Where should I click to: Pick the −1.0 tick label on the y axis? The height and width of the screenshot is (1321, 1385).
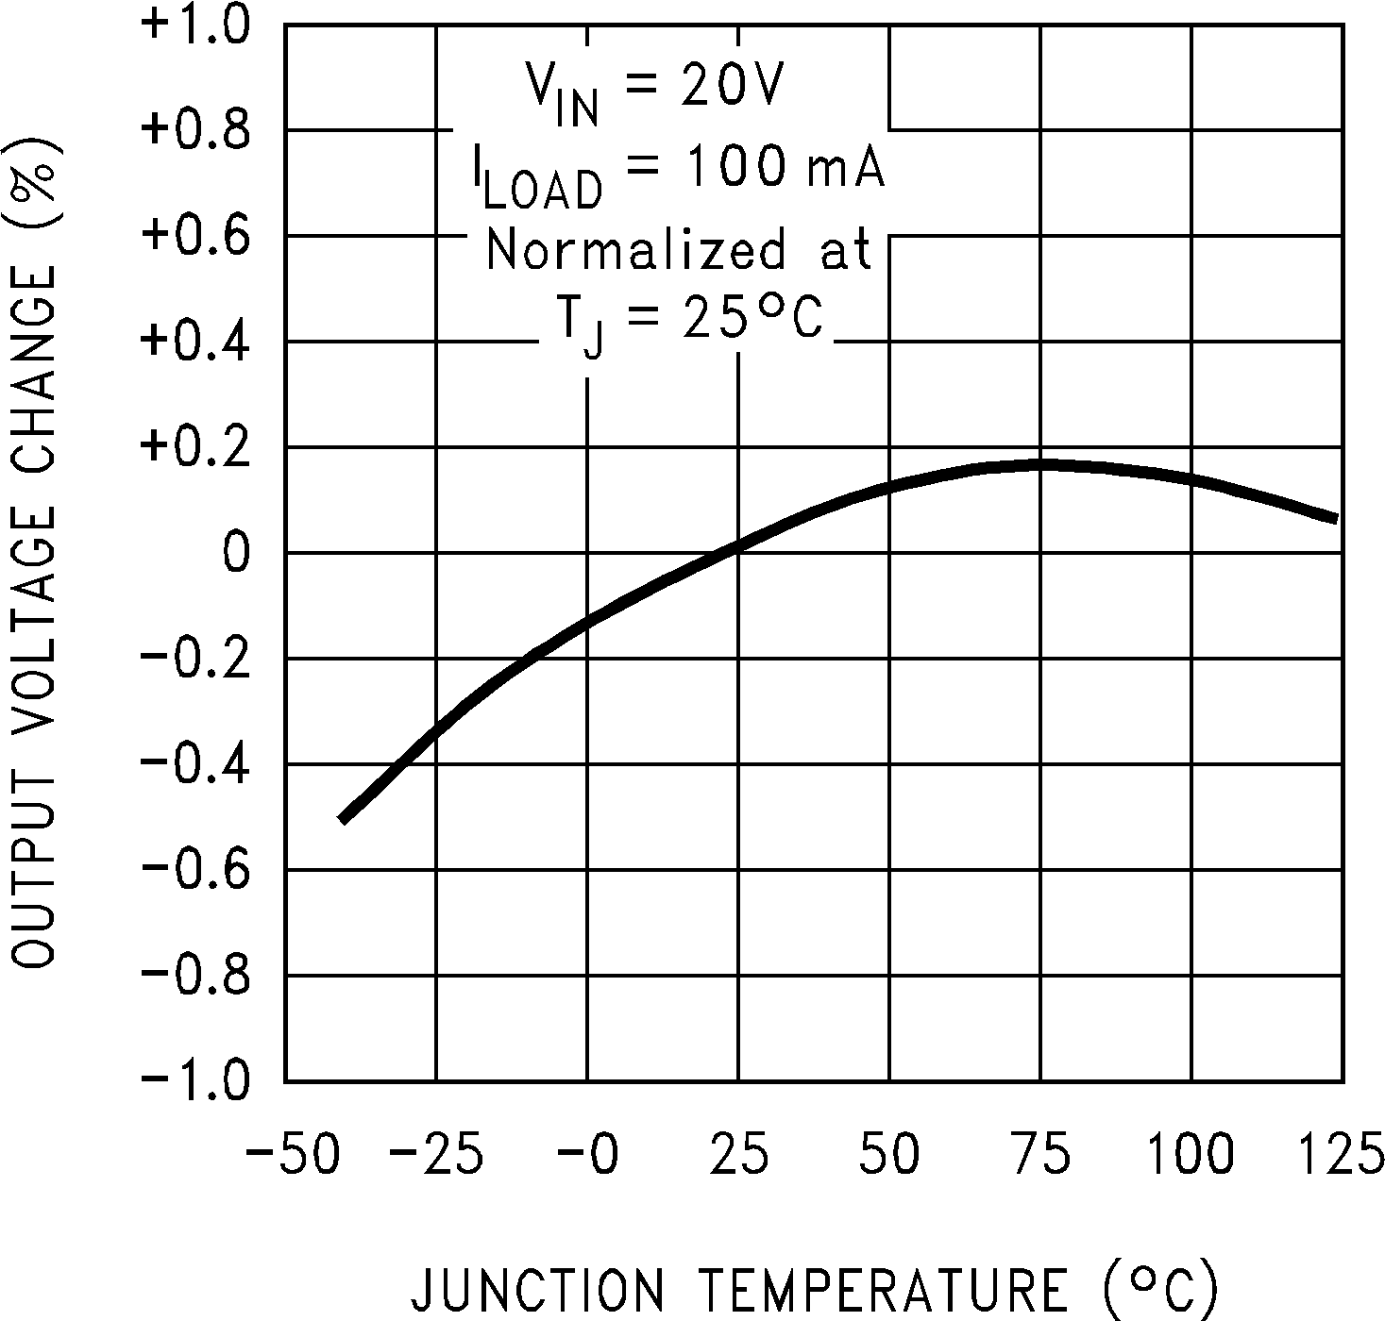[195, 1080]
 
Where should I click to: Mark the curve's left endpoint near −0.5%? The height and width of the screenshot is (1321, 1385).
[343, 818]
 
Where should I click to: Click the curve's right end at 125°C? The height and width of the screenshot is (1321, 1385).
[1335, 518]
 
